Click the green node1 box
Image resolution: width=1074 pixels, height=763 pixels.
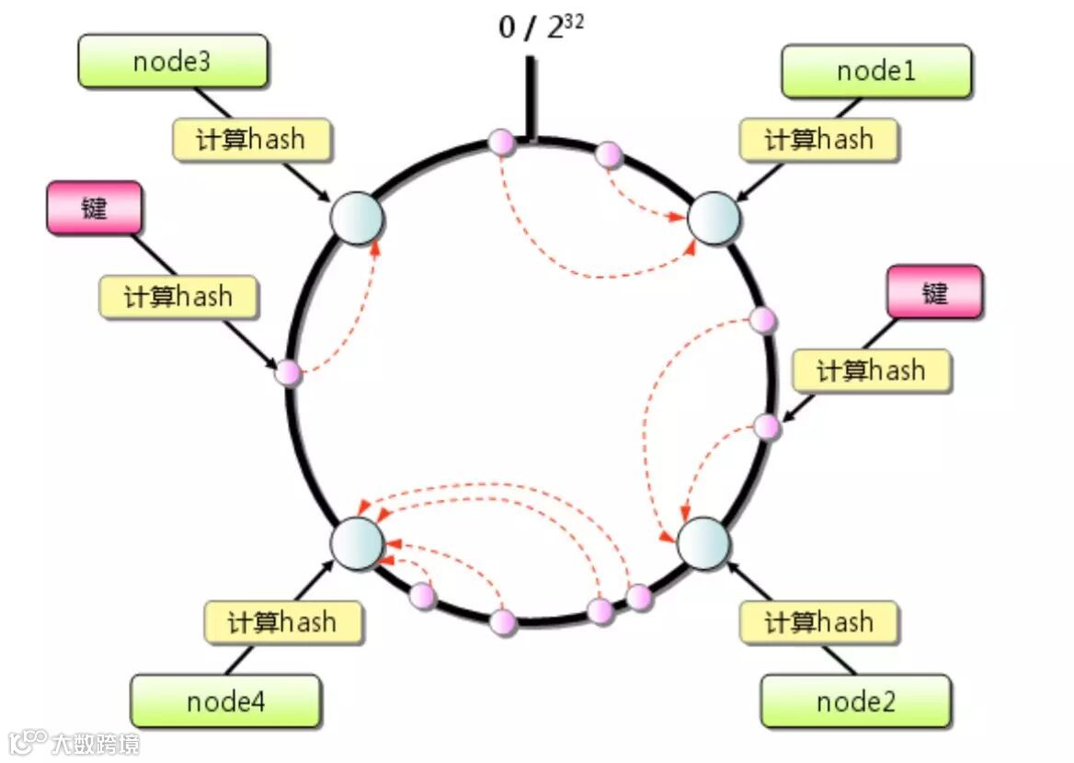876,71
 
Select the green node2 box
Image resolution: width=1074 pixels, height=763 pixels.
855,702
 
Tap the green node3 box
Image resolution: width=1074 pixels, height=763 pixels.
172,62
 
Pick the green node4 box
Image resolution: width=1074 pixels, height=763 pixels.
225,702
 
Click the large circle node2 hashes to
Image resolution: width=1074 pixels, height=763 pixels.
703,542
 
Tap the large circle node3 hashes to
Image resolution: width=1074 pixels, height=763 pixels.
356,219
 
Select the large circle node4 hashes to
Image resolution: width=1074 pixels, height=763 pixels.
356,542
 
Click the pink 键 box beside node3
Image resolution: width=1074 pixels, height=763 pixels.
94,208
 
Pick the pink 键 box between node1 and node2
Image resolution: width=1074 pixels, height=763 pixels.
934,292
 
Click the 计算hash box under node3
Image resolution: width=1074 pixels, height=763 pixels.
251,140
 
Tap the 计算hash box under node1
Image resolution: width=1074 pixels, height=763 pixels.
818,140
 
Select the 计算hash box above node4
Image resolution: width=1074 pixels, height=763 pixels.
282,622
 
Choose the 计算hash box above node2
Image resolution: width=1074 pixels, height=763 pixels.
818,622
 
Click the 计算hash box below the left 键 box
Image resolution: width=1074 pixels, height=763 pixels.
178,297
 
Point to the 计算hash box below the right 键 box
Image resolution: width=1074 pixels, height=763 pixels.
871,370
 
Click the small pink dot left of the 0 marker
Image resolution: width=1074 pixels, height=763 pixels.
501,142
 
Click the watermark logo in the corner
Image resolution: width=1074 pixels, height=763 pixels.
74,741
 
